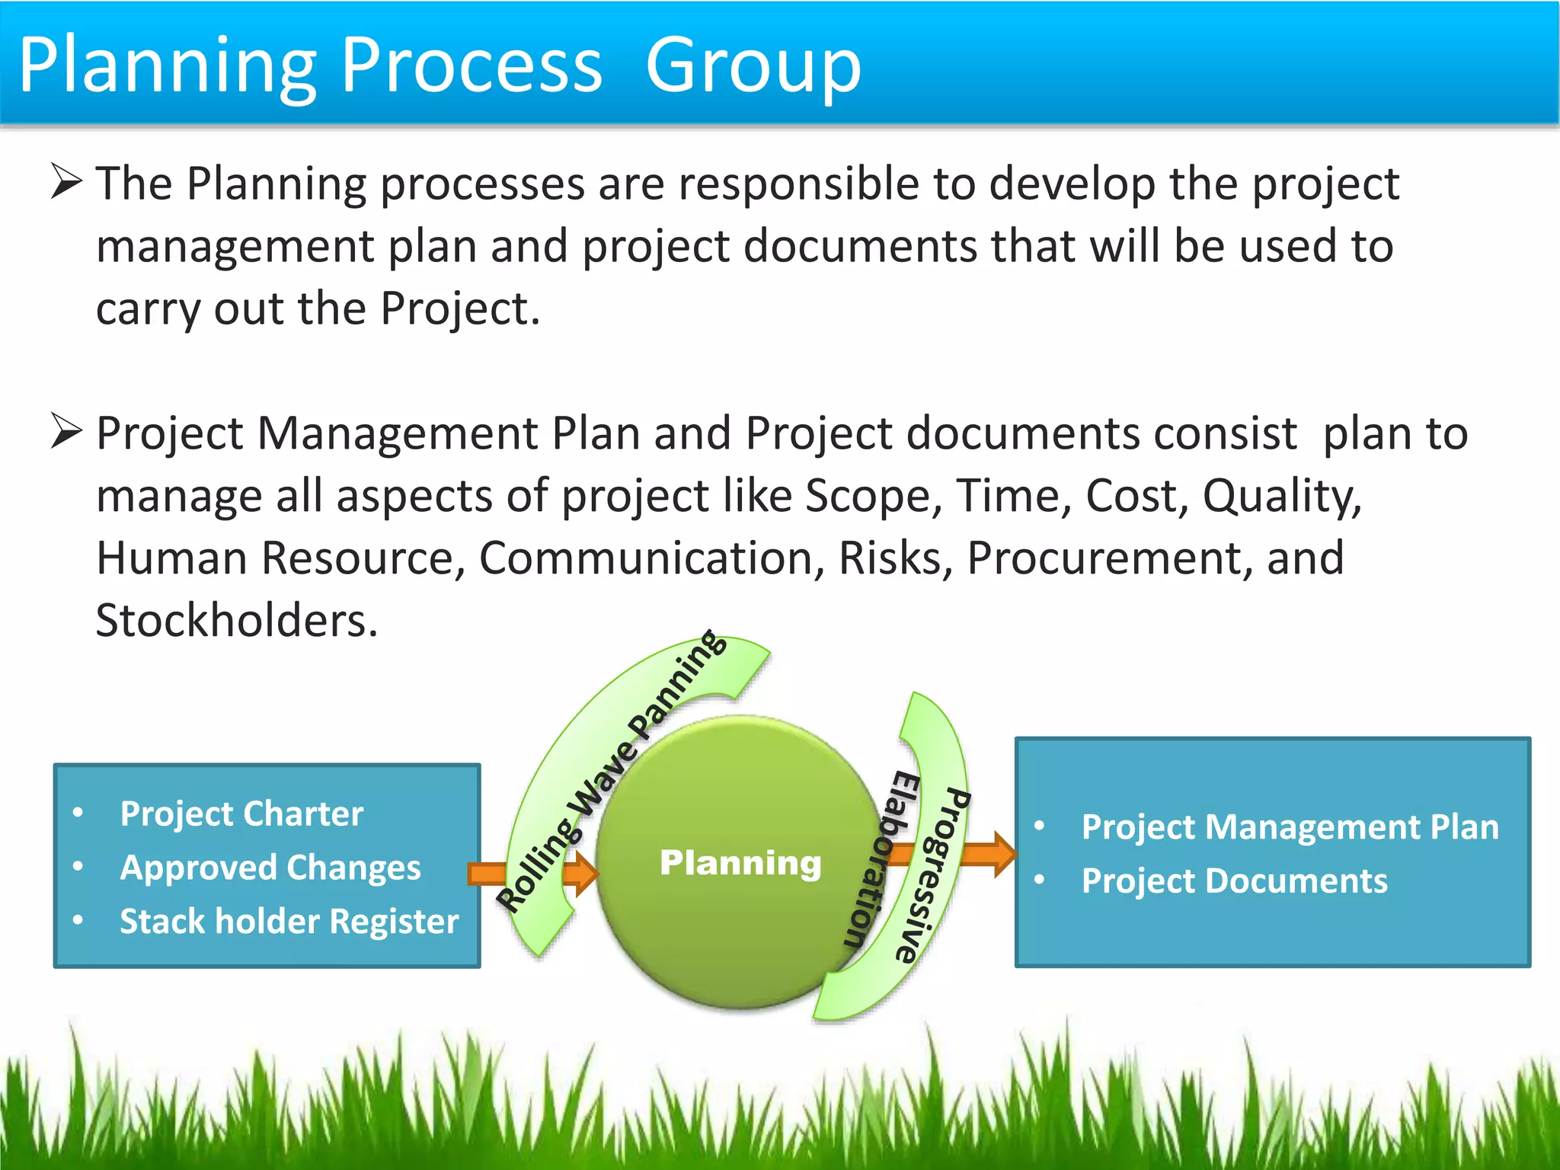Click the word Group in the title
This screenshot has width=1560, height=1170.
[753, 67]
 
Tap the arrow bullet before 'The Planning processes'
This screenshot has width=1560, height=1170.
[66, 182]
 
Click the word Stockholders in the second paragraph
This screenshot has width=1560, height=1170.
[236, 620]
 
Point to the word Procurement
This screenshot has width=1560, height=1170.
[1103, 558]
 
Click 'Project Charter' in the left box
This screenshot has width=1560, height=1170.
[241, 814]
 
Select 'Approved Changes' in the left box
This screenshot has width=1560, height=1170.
[270, 868]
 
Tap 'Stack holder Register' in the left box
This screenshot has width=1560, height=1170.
[289, 922]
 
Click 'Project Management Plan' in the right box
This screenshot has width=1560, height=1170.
[1290, 827]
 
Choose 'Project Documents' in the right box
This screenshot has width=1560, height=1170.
[1234, 881]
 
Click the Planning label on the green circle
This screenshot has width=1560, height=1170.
[740, 863]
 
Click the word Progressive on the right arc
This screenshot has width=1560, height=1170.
[937, 876]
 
